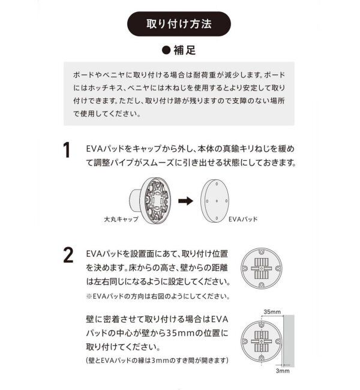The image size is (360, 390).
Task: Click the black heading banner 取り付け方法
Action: [x=179, y=26]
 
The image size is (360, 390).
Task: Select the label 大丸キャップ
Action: [x=122, y=220]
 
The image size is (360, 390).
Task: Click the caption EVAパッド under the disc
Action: [x=244, y=220]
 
